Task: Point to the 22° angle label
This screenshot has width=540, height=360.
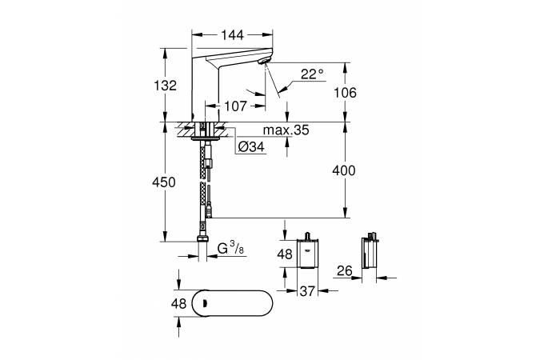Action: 312,74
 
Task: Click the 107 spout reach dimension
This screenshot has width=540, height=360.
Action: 234,105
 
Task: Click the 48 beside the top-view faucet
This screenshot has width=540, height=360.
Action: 178,304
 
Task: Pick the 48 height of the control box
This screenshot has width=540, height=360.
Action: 285,254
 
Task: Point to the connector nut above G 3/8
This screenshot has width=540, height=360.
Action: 202,241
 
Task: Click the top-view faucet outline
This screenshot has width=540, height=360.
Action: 235,303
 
